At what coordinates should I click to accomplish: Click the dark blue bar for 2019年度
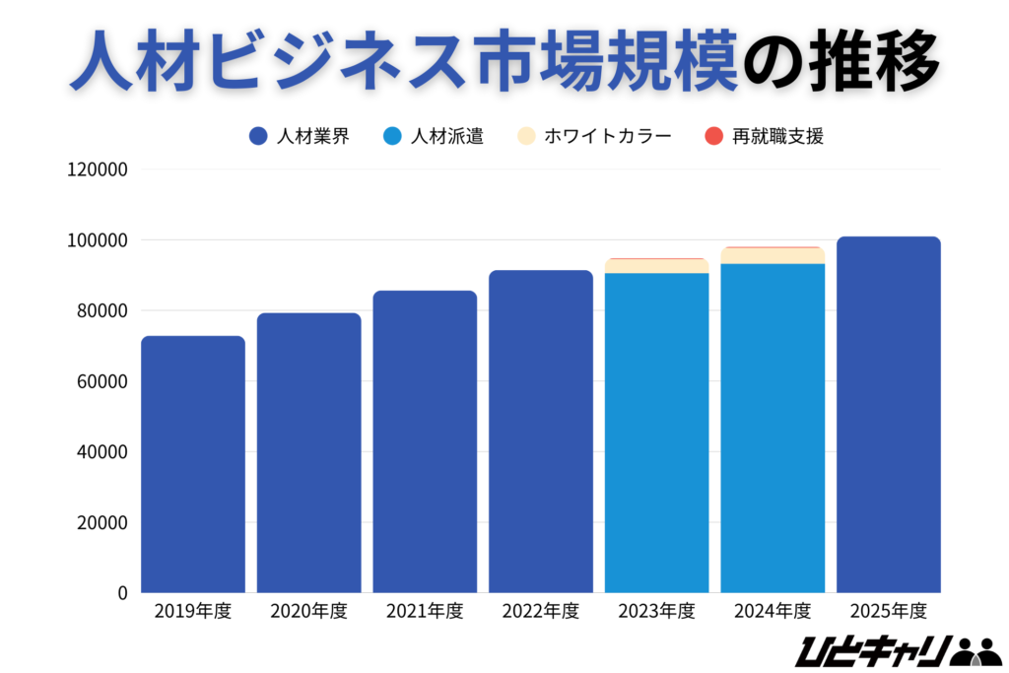click(193, 463)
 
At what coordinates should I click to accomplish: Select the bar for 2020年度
click(309, 453)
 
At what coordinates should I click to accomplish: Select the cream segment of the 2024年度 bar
click(773, 255)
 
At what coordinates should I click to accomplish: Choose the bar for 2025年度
click(889, 414)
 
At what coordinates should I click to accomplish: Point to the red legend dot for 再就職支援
click(715, 136)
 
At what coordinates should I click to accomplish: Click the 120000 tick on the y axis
click(97, 169)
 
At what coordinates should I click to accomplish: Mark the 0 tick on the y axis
click(123, 593)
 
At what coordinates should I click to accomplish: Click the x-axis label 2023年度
click(657, 612)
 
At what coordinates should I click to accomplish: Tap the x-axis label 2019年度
click(193, 612)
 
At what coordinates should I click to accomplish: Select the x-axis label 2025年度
click(889, 612)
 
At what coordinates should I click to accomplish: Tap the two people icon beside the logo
click(977, 651)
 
